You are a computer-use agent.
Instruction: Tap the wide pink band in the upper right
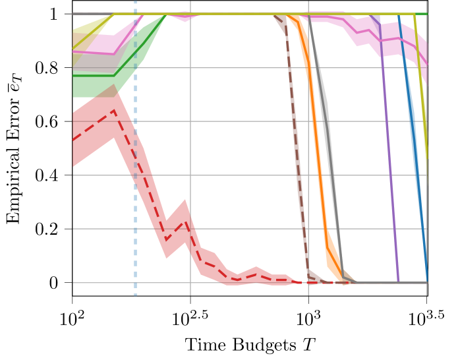click(x=395, y=40)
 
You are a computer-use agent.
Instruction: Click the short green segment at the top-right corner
click(x=422, y=14)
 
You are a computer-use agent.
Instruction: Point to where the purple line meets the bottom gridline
click(x=399, y=282)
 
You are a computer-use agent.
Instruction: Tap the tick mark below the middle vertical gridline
click(x=308, y=291)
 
